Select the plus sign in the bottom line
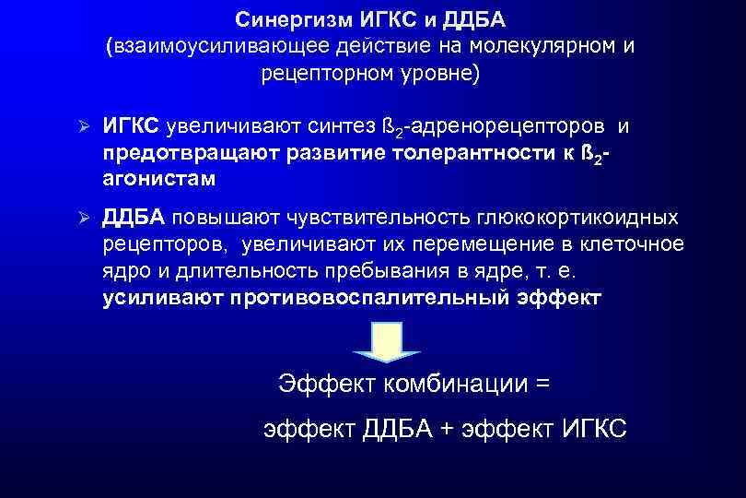(448, 428)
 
